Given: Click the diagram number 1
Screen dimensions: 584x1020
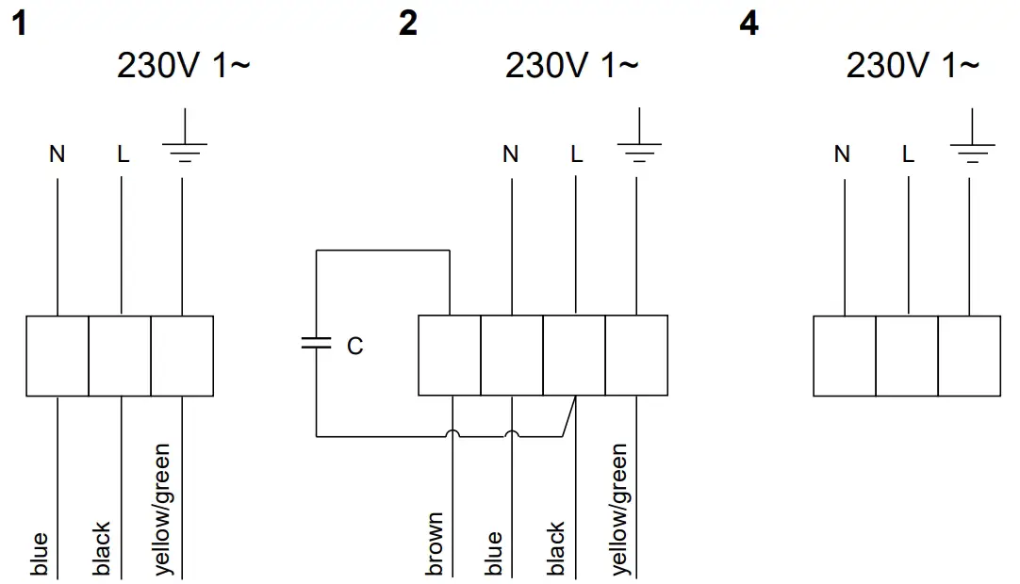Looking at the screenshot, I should coord(18,24).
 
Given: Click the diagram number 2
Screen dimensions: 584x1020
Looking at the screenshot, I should coord(407,24).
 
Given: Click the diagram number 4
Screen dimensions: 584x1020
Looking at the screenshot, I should coord(749,24).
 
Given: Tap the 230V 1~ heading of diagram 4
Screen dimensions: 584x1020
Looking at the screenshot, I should coord(912,66).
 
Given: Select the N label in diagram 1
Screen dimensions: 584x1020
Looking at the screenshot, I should coord(58,154).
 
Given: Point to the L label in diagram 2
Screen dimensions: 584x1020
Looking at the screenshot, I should coord(576,154).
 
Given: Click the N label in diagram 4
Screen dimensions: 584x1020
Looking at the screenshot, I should coord(843,154).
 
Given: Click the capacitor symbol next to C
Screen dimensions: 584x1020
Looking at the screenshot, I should coord(316,344).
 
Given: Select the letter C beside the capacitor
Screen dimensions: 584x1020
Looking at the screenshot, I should coord(354,348).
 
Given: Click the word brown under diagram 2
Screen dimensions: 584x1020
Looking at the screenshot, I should coord(435,544).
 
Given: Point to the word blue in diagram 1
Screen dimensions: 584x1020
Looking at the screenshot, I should coord(39,555).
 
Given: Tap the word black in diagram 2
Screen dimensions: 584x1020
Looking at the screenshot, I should coord(556,548).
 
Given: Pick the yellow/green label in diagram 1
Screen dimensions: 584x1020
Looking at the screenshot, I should coord(162,509).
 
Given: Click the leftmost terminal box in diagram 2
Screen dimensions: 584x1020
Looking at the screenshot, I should coord(450,355).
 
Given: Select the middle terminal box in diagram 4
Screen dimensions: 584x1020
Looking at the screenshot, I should coord(907,355).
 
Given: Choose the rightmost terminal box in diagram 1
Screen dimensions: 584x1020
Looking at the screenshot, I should coord(182,355).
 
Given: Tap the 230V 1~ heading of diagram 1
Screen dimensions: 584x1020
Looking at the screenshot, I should coord(184,66).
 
